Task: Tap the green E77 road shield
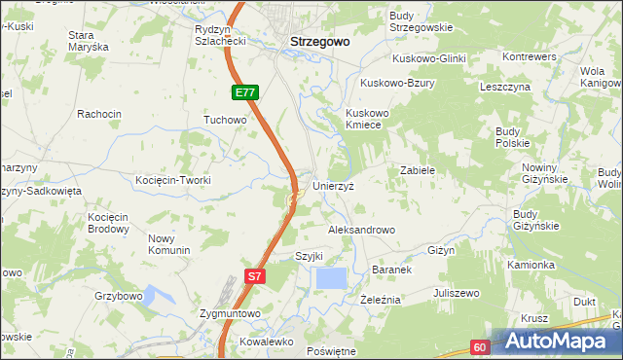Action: click(x=244, y=92)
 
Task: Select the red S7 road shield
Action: click(x=253, y=276)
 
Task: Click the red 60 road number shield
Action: click(x=481, y=346)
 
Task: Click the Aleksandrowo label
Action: click(x=361, y=230)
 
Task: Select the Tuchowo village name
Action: click(x=225, y=120)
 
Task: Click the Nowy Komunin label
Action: click(x=168, y=244)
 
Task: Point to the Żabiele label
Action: click(x=417, y=170)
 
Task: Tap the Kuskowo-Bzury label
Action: click(x=397, y=84)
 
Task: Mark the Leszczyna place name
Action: click(x=504, y=87)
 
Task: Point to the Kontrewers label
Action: click(x=530, y=57)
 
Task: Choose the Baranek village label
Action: click(x=393, y=269)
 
